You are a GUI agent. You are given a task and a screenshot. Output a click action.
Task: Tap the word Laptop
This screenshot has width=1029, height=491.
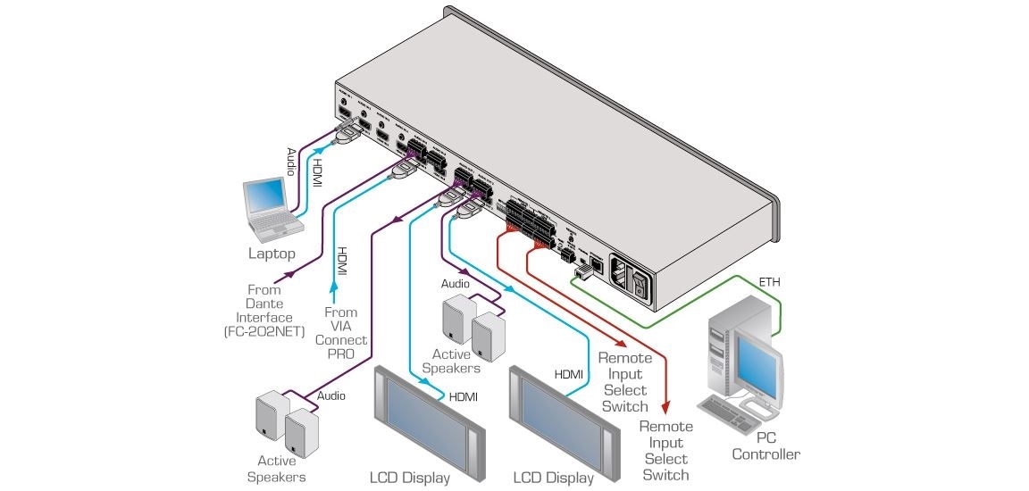point(272,254)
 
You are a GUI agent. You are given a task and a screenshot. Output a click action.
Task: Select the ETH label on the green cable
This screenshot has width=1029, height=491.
point(768,283)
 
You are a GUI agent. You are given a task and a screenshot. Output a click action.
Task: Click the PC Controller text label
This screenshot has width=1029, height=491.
point(765,446)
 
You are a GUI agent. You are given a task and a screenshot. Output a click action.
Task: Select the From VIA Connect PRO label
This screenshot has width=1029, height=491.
point(340,333)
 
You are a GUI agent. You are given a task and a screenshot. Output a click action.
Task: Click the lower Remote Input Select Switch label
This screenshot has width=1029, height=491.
point(666,450)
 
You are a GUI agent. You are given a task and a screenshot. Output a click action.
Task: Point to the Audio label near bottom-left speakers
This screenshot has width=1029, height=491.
point(330,395)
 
